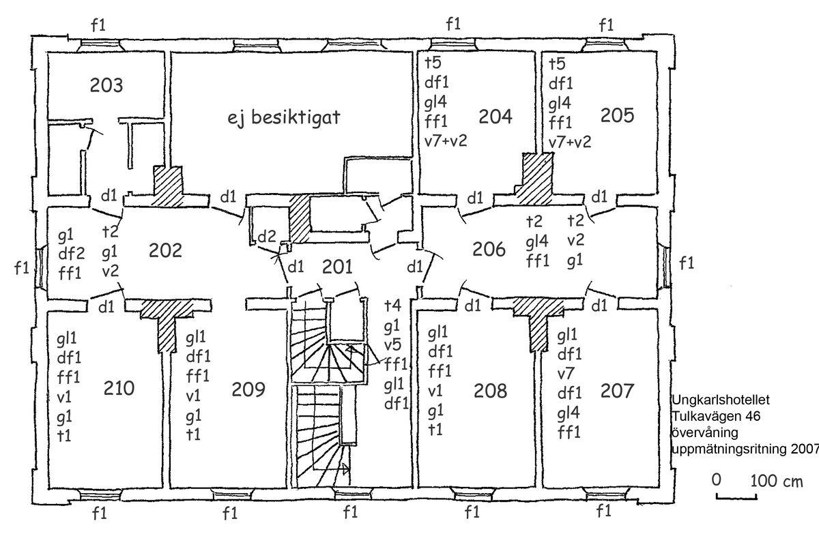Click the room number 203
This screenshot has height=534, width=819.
106,86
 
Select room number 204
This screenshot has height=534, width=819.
495,116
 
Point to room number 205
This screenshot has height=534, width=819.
617,116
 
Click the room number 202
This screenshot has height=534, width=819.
165,250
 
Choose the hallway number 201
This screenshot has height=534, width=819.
337,267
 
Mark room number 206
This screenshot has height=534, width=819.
489,250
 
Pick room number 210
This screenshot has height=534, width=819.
119,389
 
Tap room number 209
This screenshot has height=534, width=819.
248,389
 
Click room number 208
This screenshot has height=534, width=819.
491,391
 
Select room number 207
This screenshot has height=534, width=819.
617,391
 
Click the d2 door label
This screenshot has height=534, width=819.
267,238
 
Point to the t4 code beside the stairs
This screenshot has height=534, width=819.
392,305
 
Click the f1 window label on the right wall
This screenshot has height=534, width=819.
687,263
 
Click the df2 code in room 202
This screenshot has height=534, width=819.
71,254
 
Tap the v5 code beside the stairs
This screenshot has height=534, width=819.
392,344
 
